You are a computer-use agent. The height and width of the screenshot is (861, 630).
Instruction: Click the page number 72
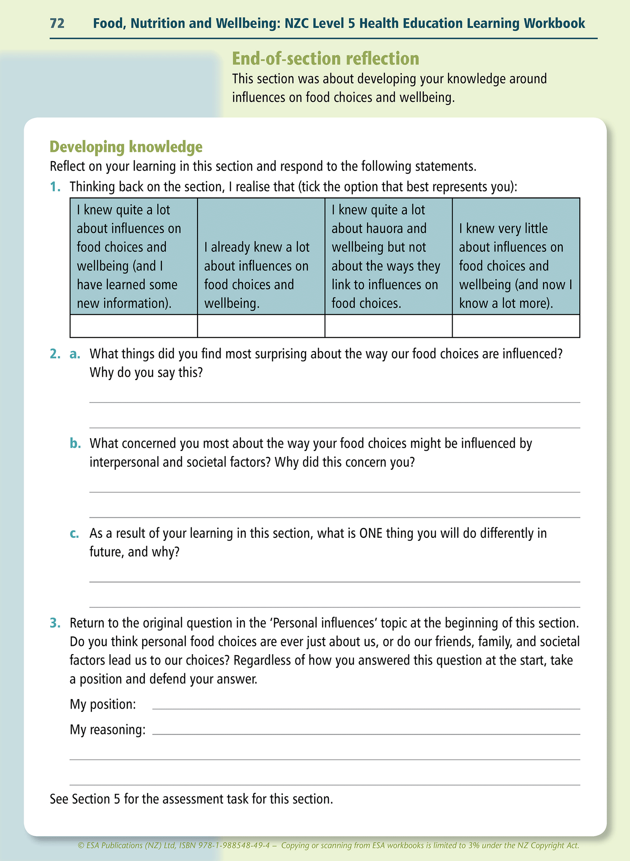(57, 23)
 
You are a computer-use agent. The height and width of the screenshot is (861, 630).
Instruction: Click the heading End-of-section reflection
(325, 58)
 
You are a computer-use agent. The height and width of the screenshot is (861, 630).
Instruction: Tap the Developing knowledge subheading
(126, 147)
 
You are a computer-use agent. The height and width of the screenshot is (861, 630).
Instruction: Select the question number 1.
(54, 187)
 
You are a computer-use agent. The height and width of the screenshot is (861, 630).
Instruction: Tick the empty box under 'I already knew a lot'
(261, 326)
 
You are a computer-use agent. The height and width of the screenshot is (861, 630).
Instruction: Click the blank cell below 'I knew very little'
(516, 326)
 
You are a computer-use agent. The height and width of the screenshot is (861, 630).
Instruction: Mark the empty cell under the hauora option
(388, 326)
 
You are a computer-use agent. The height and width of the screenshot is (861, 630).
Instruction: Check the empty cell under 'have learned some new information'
(133, 326)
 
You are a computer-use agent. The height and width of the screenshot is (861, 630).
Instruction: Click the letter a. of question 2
(75, 354)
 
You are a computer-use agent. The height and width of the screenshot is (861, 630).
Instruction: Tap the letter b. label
(75, 443)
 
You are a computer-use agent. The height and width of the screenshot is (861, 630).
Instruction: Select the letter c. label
(74, 533)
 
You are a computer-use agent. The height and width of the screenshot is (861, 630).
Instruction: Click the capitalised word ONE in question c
(371, 533)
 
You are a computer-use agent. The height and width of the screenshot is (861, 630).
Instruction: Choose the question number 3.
(54, 623)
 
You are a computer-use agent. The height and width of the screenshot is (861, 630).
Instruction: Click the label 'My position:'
(103, 704)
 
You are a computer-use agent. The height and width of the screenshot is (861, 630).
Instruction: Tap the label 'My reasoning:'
(108, 729)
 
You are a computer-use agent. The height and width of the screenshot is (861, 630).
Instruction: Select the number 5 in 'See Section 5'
(116, 799)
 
